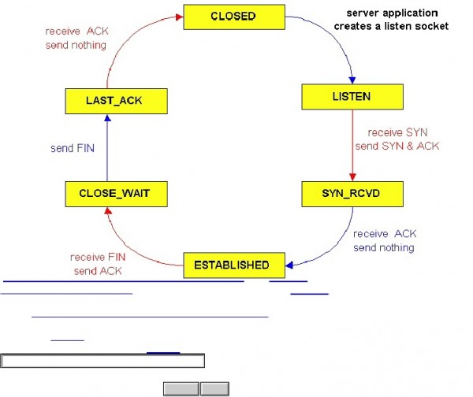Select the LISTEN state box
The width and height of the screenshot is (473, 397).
352,97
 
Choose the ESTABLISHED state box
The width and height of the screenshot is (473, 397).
231,265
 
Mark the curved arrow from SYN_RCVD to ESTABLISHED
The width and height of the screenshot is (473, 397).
331,240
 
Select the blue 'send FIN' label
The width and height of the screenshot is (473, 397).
73,147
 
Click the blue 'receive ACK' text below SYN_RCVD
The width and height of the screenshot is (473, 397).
384,234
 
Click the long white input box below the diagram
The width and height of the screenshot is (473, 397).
102,361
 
